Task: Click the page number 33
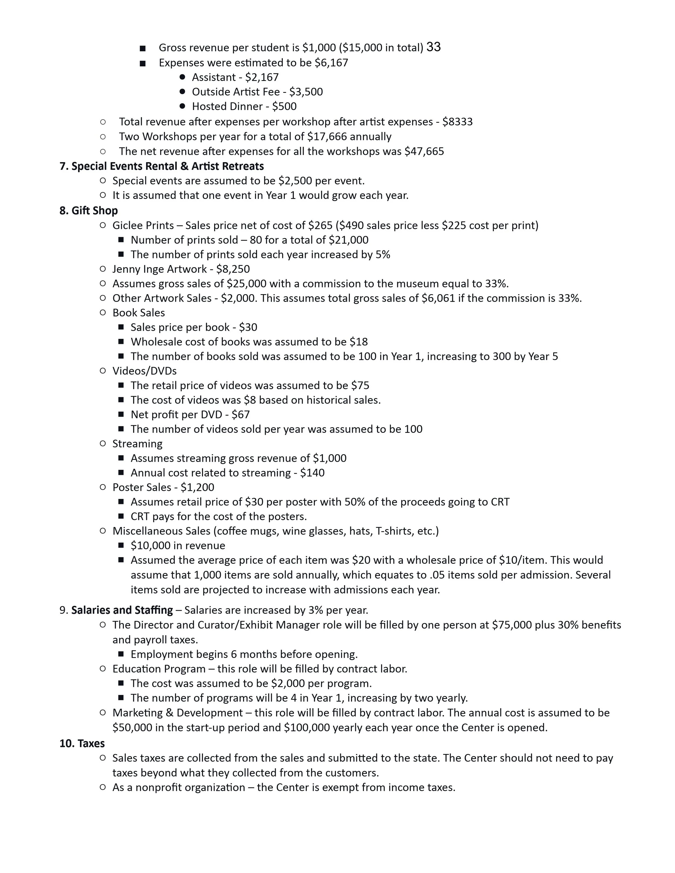point(433,47)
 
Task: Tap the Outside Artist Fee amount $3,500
point(306,92)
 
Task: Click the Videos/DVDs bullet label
point(144,371)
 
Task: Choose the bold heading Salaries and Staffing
point(122,610)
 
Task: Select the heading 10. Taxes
point(82,743)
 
